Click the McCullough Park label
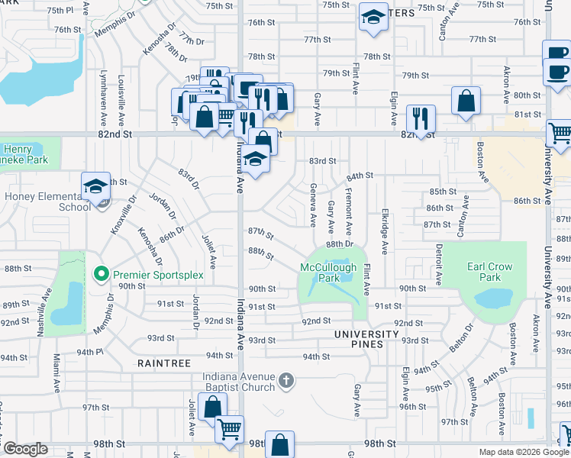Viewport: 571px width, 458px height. tap(328, 273)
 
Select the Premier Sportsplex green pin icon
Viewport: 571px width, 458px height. tap(100, 273)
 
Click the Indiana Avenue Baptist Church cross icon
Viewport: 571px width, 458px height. tap(286, 380)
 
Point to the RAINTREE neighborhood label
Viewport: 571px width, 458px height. tap(164, 364)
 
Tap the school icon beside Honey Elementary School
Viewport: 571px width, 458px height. tap(95, 186)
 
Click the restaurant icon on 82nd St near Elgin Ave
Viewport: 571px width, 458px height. tap(421, 118)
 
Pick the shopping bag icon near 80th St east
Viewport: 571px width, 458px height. tap(466, 100)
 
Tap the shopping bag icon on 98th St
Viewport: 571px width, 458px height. tap(280, 444)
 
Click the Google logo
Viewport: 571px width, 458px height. tap(24, 449)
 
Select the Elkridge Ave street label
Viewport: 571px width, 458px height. tap(385, 233)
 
